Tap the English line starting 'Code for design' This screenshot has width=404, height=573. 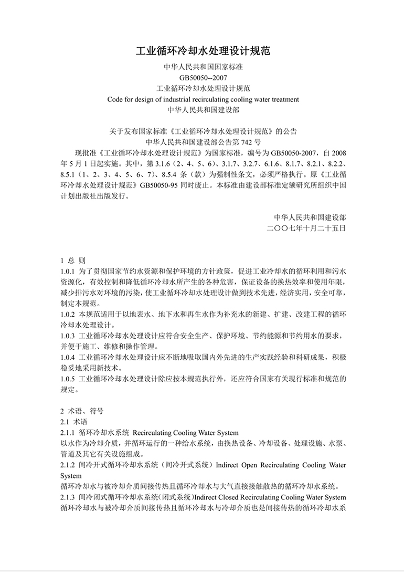pos(203,99)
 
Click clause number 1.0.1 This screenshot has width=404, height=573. pos(68,272)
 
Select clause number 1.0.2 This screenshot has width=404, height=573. pos(68,314)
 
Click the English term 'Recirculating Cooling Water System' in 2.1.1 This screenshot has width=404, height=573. pos(186,433)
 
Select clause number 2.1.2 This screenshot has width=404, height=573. pos(68,465)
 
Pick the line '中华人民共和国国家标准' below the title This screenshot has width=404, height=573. pos(203,67)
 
